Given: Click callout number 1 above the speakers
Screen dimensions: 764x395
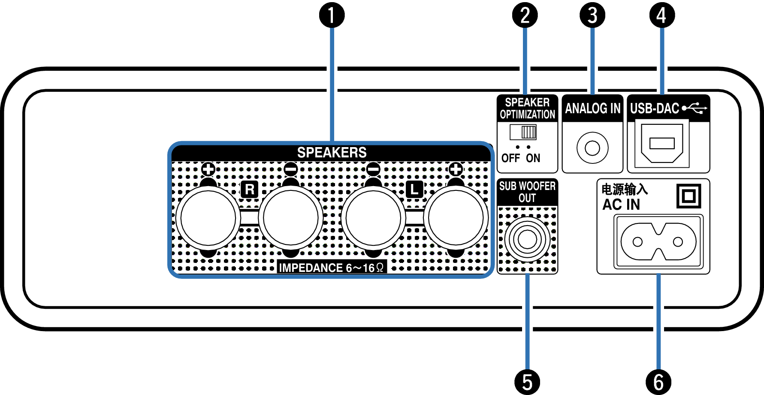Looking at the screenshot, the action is click(x=332, y=15).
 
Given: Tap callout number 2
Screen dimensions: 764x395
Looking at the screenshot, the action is click(x=525, y=15).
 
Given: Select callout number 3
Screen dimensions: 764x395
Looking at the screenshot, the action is click(x=592, y=15).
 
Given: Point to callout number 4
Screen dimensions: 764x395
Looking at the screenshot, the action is click(x=662, y=15).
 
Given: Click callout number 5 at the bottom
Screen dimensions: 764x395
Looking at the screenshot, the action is click(x=527, y=382).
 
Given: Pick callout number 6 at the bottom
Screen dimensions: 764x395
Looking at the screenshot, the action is click(x=658, y=382).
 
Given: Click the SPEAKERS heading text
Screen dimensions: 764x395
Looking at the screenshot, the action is click(x=332, y=153).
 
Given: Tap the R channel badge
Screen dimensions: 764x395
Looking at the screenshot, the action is click(x=249, y=189).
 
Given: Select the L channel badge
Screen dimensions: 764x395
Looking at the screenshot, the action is click(x=414, y=189).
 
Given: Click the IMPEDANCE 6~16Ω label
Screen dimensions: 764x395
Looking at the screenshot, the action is click(x=331, y=268).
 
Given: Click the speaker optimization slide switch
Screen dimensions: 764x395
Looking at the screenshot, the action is click(x=523, y=132).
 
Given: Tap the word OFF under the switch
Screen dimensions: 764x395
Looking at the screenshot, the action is click(x=510, y=158).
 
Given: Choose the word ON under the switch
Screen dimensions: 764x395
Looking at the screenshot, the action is click(x=533, y=158).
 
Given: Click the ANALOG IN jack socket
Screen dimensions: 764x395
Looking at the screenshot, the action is click(x=592, y=148).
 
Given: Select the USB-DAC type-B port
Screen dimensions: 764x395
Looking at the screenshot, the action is click(x=662, y=143).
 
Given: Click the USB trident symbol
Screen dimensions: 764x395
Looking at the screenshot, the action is click(x=694, y=108).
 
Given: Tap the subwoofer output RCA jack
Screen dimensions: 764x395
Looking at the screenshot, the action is click(x=527, y=239).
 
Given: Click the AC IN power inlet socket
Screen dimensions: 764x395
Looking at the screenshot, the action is click(x=658, y=241).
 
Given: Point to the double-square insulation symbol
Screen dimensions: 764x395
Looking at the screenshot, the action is click(x=689, y=196).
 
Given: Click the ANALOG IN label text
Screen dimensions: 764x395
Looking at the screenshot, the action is click(x=592, y=109).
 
